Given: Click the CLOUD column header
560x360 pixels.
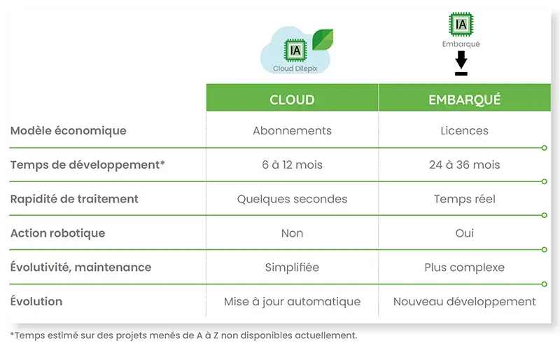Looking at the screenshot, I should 292,99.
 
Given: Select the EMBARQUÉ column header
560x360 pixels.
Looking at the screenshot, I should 464,99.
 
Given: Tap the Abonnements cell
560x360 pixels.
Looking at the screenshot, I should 292,131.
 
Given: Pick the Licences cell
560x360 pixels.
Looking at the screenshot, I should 464,131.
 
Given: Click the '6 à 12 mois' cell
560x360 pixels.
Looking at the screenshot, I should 292,165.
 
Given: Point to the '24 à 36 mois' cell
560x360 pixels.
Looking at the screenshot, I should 464,165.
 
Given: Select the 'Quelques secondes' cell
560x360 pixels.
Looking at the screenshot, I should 292,199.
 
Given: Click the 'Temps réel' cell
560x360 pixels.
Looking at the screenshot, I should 464,199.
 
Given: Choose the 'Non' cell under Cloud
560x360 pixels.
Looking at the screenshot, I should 292,233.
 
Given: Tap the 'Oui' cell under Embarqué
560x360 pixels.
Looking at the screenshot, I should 464,233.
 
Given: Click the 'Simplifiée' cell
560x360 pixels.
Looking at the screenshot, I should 292,268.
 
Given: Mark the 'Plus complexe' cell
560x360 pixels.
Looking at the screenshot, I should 464,268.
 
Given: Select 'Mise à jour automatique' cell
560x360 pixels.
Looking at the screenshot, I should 292,302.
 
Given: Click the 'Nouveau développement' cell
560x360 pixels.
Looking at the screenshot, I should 464,302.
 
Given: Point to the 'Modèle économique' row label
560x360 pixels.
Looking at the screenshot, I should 68,131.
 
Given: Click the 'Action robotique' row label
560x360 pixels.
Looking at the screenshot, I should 58,233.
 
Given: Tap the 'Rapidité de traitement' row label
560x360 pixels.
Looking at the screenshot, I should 74,199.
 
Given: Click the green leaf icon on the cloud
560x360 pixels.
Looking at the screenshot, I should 322,39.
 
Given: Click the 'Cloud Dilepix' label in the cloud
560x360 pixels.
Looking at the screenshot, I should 295,69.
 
